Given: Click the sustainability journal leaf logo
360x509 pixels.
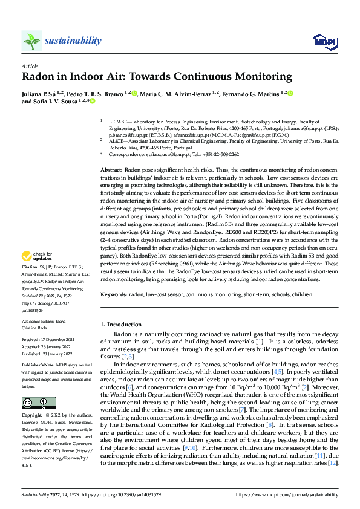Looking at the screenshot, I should [x=31, y=41].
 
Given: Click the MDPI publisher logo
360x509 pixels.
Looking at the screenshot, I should [x=323, y=41].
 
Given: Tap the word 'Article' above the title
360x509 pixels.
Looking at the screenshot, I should [x=30, y=65].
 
